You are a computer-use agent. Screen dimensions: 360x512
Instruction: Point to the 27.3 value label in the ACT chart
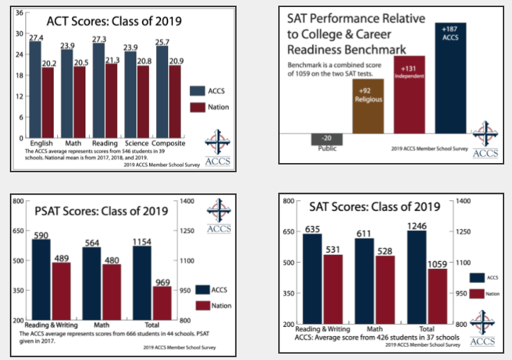tap(99, 39)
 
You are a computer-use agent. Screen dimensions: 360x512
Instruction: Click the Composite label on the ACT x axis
tap(169, 143)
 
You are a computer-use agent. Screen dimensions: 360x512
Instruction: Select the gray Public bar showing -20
tap(326, 138)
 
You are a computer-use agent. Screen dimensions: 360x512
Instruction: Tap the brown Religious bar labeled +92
tap(367, 106)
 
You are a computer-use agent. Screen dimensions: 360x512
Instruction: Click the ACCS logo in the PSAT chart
tap(219, 216)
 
